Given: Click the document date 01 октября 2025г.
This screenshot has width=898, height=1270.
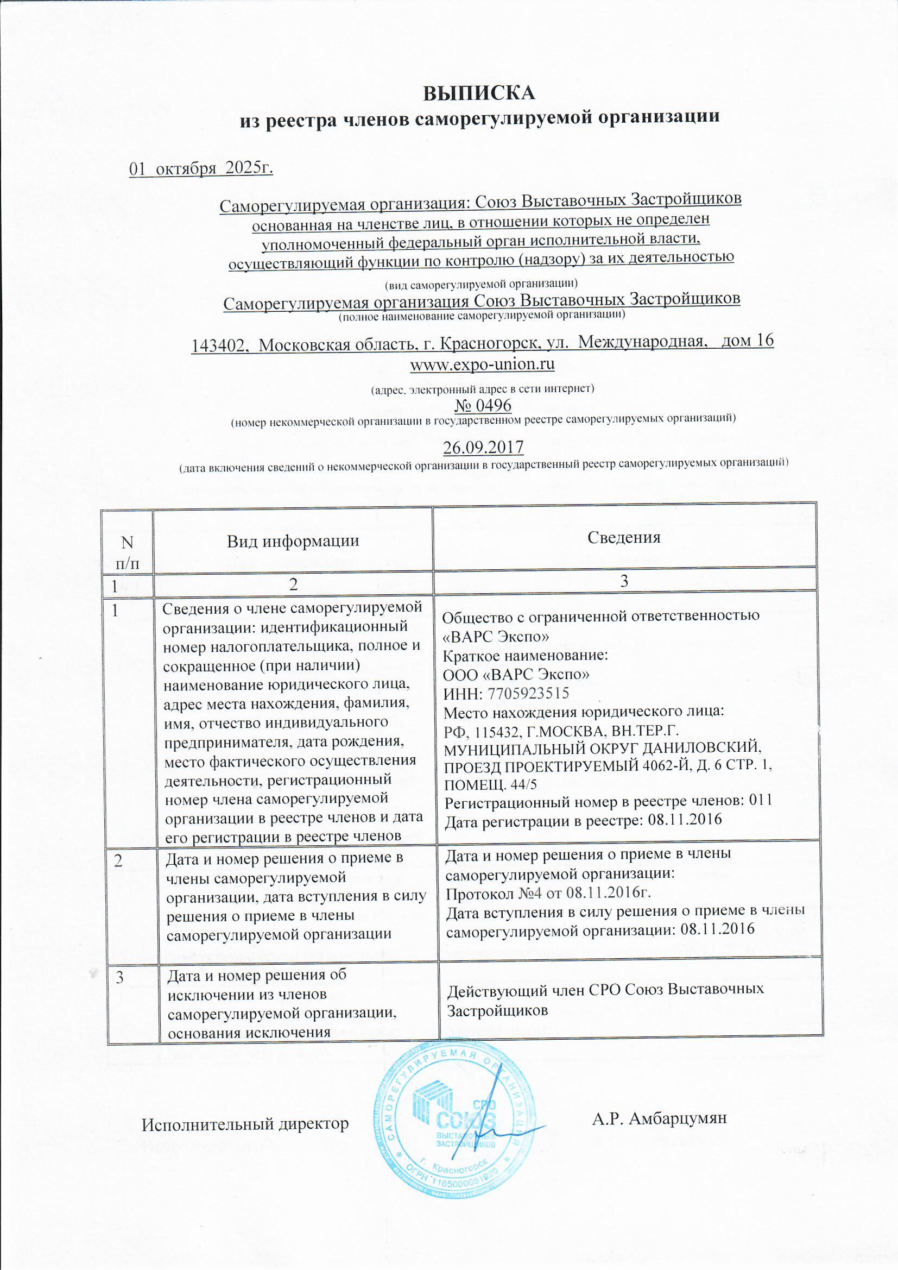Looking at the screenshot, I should pos(201,168).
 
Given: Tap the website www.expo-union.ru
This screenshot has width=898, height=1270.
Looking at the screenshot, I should pos(482,364).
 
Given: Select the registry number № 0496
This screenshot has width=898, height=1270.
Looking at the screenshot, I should pos(483,405).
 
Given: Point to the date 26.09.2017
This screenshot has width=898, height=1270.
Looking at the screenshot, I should pos(483,447).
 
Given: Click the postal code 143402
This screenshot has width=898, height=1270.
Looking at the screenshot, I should pos(218,345).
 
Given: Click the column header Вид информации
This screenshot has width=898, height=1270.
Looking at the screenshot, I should pos(293,540).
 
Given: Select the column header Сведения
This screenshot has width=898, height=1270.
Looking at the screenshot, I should pos(624,537).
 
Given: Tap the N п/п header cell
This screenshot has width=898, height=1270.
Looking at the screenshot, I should pos(127,552).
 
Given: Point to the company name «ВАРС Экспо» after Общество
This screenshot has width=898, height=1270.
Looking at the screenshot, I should pos(496,636).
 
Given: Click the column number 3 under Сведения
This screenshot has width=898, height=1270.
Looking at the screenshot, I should pos(624,581).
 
